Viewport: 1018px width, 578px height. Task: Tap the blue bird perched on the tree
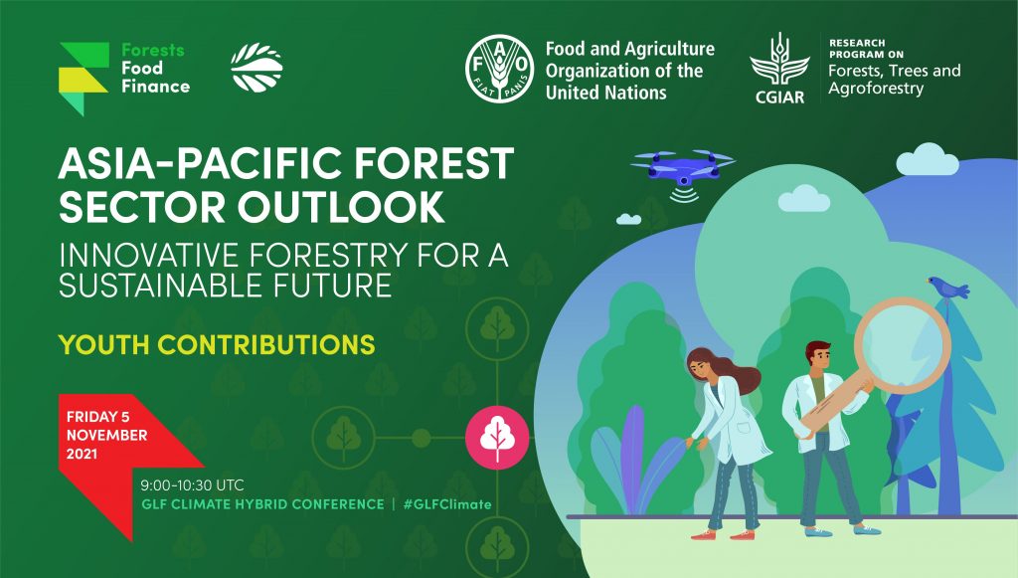tap(947, 288)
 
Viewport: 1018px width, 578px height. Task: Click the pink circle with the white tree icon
tap(497, 438)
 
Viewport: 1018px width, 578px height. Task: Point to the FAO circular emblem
tap(500, 69)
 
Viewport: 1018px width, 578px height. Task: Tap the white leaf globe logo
tap(256, 68)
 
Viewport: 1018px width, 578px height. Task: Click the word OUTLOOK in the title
tap(341, 207)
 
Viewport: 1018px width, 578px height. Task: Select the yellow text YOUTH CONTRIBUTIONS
tap(217, 345)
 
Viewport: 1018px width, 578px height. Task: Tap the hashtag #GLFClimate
tap(447, 504)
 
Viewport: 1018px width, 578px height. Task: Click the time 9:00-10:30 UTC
tap(192, 485)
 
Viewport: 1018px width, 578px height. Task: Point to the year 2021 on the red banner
tap(82, 454)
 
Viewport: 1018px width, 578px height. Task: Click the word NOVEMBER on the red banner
tap(106, 435)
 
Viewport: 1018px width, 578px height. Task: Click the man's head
tap(818, 356)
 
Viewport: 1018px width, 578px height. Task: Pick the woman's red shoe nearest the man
tap(742, 535)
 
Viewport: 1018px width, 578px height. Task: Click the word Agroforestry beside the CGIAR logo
tap(876, 89)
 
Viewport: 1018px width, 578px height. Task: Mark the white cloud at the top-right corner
tap(928, 160)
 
